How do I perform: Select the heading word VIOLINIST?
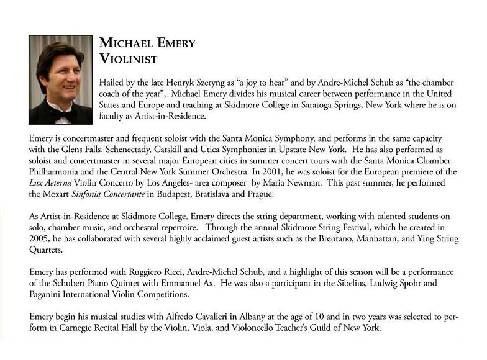point(129,60)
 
